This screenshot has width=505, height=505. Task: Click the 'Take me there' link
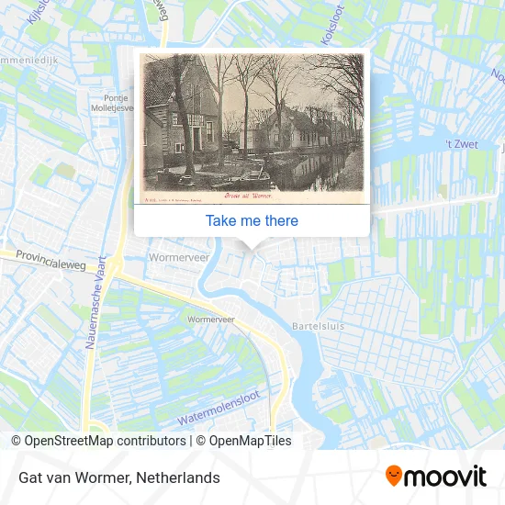[252, 220]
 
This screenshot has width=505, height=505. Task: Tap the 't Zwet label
[461, 144]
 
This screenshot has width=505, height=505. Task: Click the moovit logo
[436, 476]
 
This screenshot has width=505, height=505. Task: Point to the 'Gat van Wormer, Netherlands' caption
[118, 477]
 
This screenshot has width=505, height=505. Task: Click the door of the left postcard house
[180, 142]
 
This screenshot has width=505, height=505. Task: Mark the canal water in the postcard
[312, 170]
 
